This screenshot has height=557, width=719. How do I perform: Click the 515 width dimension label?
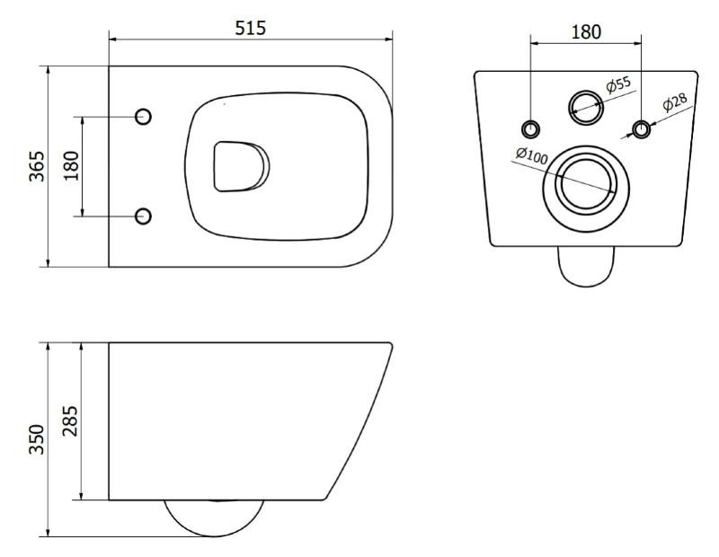(251, 28)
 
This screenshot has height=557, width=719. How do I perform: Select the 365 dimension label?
(37, 166)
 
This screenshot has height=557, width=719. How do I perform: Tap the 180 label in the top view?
(71, 166)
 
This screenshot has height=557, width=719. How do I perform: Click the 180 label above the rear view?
(586, 32)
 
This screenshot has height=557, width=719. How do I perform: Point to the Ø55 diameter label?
(618, 84)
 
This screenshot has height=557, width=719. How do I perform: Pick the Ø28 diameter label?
(675, 102)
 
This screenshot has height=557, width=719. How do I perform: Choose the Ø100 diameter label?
(532, 155)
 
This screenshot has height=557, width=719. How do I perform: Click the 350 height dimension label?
(37, 439)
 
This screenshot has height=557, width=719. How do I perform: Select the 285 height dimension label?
(70, 420)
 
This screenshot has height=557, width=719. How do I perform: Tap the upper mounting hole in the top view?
(143, 117)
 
